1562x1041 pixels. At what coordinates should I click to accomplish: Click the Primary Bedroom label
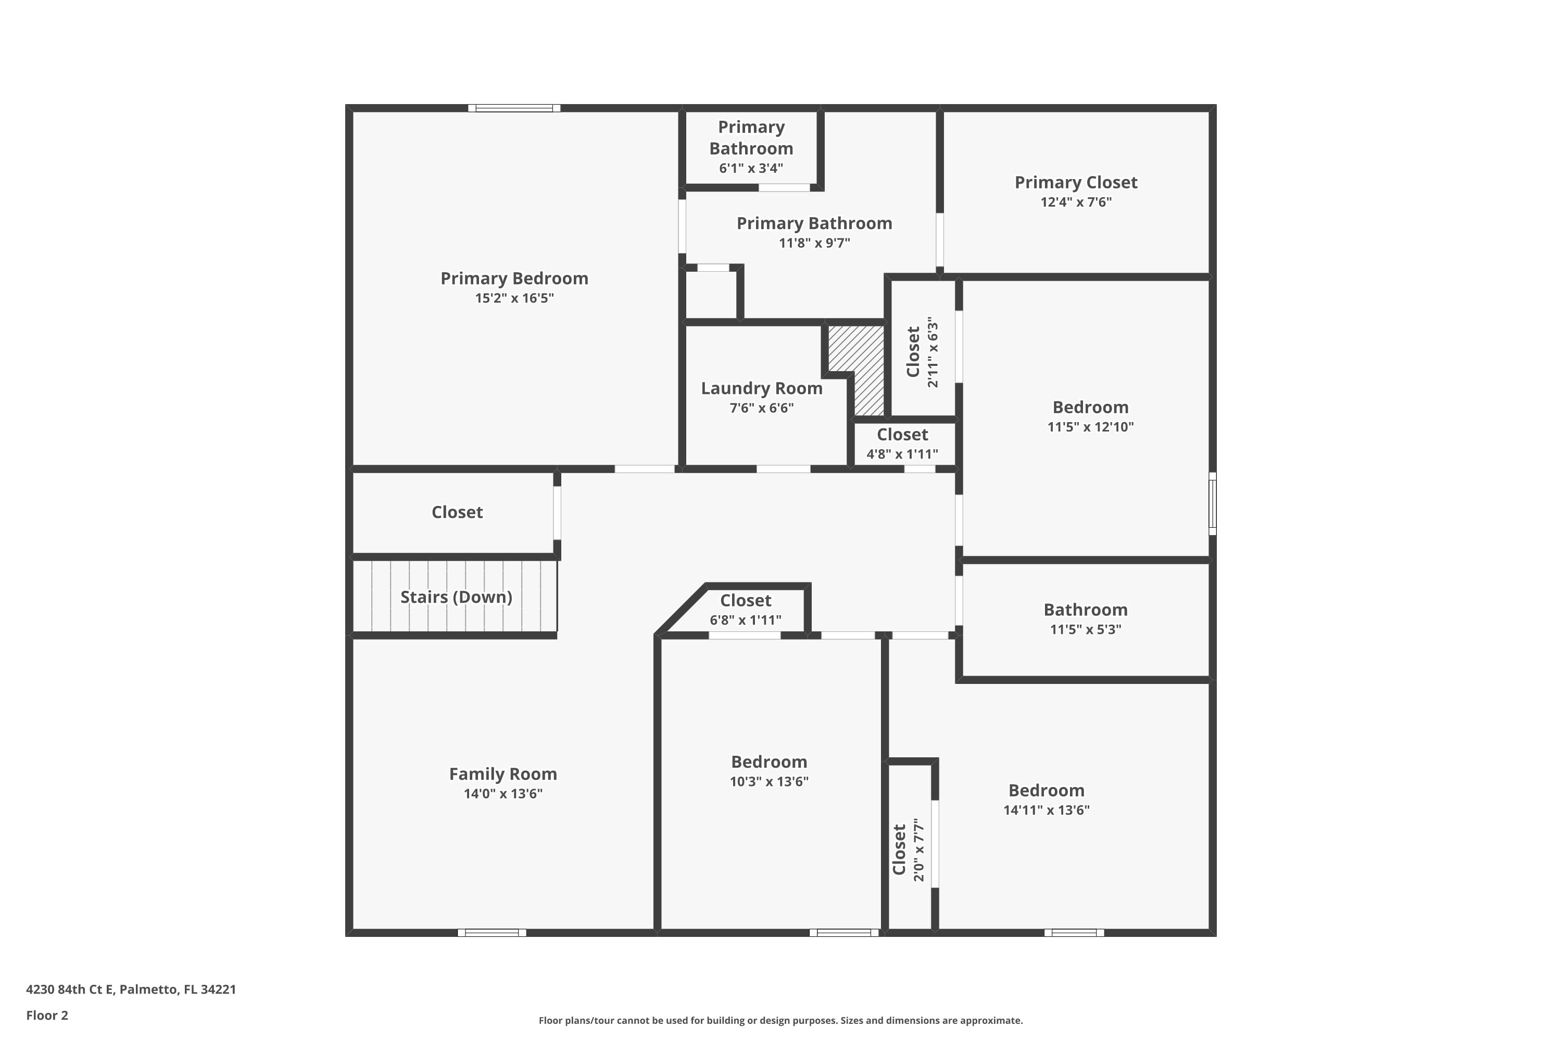click(514, 278)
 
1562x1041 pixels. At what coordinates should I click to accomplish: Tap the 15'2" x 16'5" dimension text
click(514, 298)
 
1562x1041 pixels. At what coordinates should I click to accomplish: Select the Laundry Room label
click(761, 388)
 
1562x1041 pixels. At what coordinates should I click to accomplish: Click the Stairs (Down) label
click(456, 597)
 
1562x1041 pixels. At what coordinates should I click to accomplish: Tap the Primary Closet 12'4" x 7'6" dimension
click(1075, 202)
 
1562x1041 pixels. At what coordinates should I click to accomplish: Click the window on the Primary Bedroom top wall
click(514, 108)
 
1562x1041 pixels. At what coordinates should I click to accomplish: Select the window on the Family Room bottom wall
click(492, 933)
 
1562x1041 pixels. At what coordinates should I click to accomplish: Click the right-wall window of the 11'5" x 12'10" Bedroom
click(1212, 503)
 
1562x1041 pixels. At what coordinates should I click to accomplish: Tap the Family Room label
click(503, 774)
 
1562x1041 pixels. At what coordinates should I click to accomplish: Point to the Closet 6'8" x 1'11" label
click(745, 601)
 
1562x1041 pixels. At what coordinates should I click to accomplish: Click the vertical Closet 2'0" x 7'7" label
click(899, 850)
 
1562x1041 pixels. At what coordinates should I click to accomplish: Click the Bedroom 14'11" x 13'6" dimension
click(1046, 810)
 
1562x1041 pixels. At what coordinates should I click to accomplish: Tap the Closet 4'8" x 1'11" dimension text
click(902, 454)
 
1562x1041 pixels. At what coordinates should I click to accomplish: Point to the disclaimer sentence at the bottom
click(780, 1020)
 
